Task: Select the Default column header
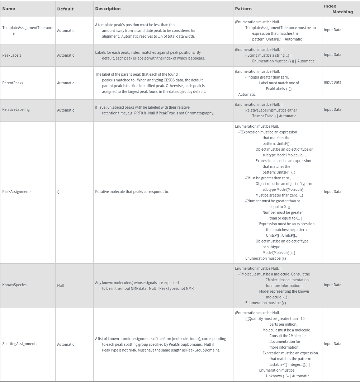(65, 9)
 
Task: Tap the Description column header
(108, 9)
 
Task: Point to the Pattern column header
(243, 9)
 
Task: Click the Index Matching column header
(338, 9)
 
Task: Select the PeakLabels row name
(12, 55)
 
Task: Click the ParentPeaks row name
(13, 83)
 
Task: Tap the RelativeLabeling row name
(16, 109)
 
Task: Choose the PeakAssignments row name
(17, 192)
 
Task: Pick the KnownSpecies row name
(14, 285)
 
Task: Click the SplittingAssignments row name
(20, 344)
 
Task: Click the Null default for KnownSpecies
(61, 286)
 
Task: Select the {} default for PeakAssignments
(58, 192)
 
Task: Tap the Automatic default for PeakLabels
(66, 55)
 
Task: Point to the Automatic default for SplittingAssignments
(66, 344)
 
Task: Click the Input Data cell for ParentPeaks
(332, 82)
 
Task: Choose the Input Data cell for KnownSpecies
(332, 285)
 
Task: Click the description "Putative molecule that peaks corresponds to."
(132, 192)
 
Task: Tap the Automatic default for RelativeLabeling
(66, 110)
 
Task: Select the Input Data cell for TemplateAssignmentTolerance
(332, 30)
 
